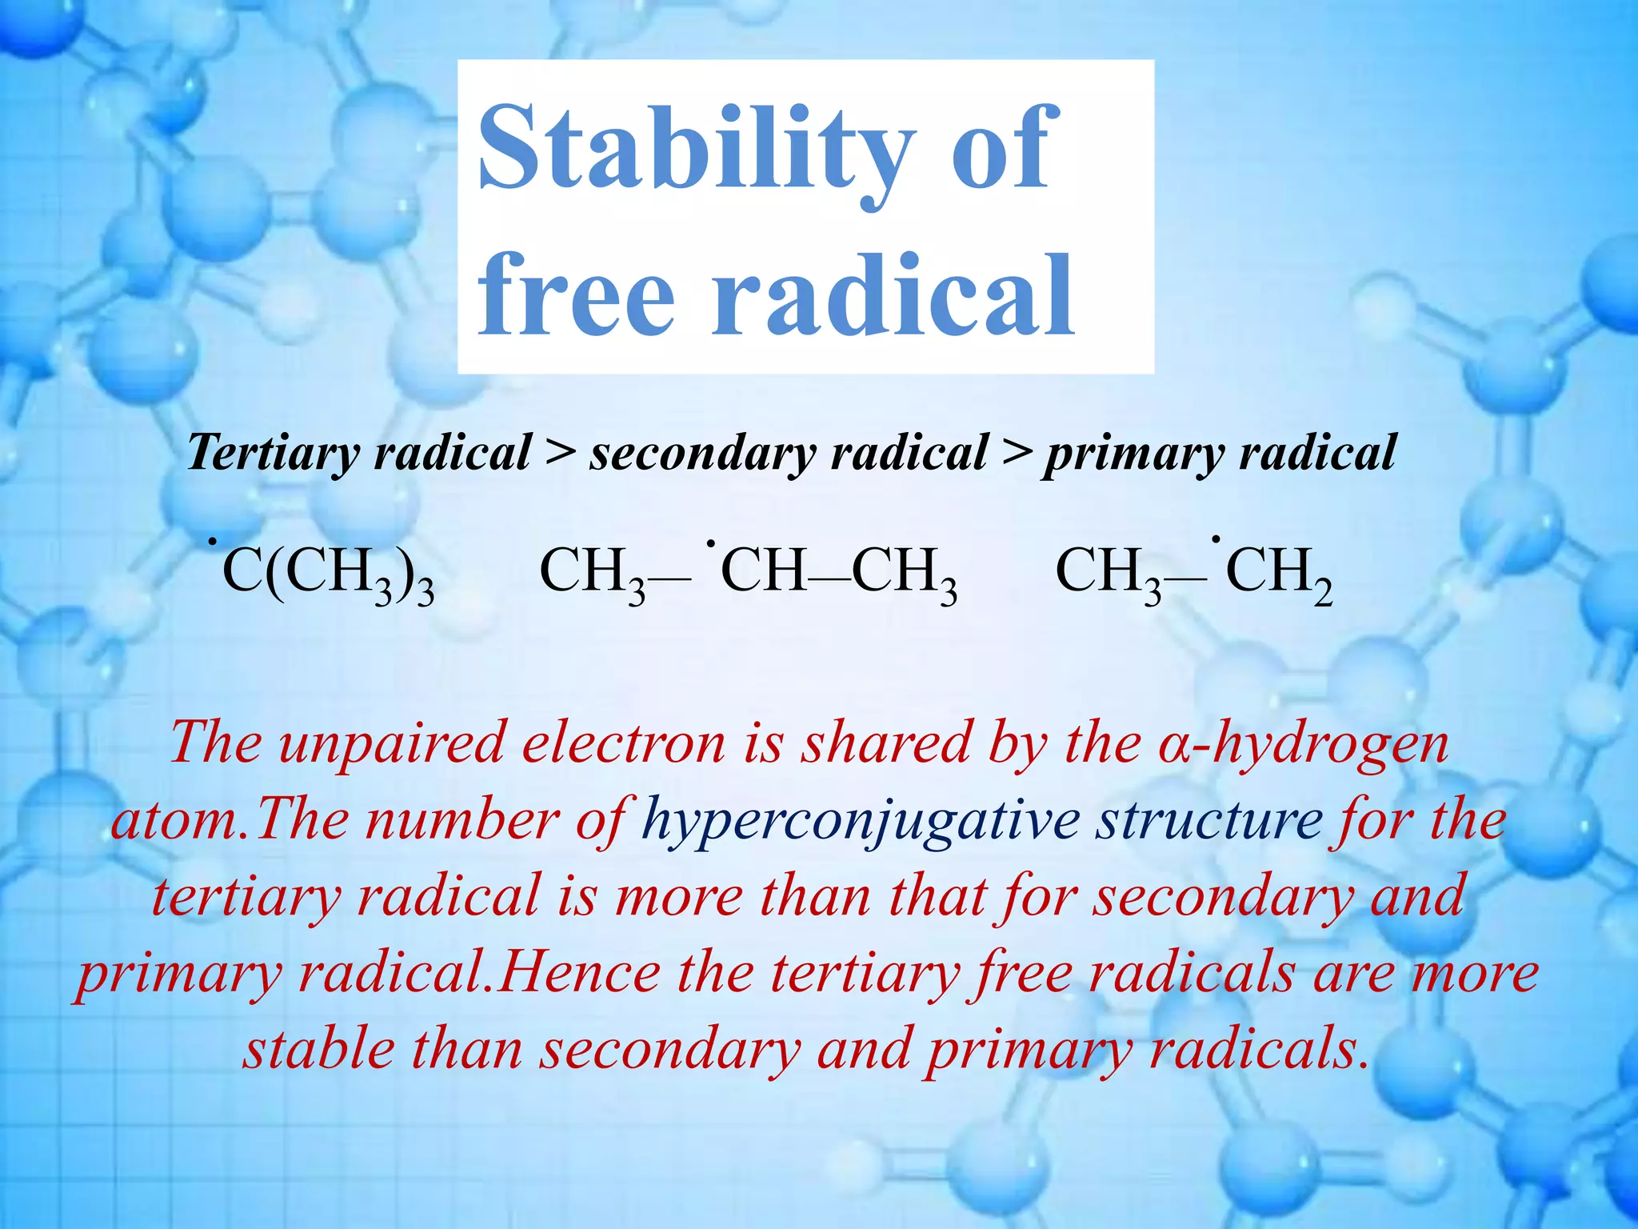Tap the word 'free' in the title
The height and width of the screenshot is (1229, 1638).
tap(577, 294)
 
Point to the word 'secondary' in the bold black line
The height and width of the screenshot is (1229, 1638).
tap(701, 454)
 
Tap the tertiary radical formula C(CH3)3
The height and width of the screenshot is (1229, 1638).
tap(328, 573)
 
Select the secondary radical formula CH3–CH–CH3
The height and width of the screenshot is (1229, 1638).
tap(749, 573)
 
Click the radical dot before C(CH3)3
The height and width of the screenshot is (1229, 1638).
tap(214, 544)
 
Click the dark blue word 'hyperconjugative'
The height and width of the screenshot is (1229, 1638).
tap(861, 821)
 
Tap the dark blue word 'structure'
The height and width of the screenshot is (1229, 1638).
tap(1209, 821)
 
